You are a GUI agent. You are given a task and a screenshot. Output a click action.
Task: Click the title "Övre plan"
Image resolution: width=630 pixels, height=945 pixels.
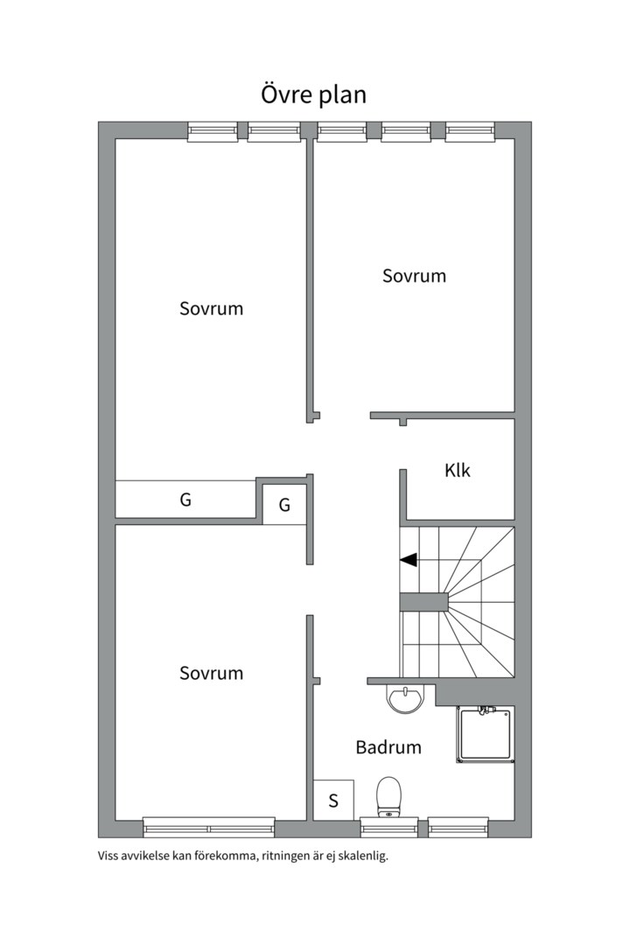313,94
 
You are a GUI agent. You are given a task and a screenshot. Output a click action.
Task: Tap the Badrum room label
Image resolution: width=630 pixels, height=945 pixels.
388,747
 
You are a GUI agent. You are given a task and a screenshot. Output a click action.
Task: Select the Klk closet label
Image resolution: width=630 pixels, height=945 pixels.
457,470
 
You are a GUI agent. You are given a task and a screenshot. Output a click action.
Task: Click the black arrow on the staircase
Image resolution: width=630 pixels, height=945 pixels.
409,560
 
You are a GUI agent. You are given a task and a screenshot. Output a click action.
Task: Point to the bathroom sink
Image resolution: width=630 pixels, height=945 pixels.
405,699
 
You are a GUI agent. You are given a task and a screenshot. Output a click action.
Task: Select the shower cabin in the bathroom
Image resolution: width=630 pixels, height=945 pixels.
486,735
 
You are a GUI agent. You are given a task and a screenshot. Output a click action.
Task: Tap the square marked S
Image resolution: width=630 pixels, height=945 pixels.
333,800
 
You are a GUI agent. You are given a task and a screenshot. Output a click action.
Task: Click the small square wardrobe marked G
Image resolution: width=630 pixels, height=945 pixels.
284,505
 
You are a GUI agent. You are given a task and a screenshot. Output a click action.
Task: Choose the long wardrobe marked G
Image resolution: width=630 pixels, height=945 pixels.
185,499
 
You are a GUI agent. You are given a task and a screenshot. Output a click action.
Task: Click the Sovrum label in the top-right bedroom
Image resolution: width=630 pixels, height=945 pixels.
414,276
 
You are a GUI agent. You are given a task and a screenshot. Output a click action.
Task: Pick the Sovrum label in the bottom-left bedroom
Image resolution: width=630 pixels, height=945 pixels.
211,673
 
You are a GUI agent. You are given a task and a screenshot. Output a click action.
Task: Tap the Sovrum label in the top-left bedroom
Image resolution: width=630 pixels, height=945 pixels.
211,309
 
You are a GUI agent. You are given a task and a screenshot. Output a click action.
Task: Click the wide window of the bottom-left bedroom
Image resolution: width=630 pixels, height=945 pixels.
209,828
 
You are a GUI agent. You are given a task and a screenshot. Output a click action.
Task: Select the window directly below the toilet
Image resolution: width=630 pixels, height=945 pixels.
388,828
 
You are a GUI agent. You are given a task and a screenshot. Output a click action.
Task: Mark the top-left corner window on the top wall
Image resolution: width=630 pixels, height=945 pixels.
213,131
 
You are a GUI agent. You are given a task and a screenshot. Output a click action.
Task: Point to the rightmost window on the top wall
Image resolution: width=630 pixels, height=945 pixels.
470,131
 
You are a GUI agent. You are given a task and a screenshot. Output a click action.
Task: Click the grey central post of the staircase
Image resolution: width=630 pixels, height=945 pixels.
423,602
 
